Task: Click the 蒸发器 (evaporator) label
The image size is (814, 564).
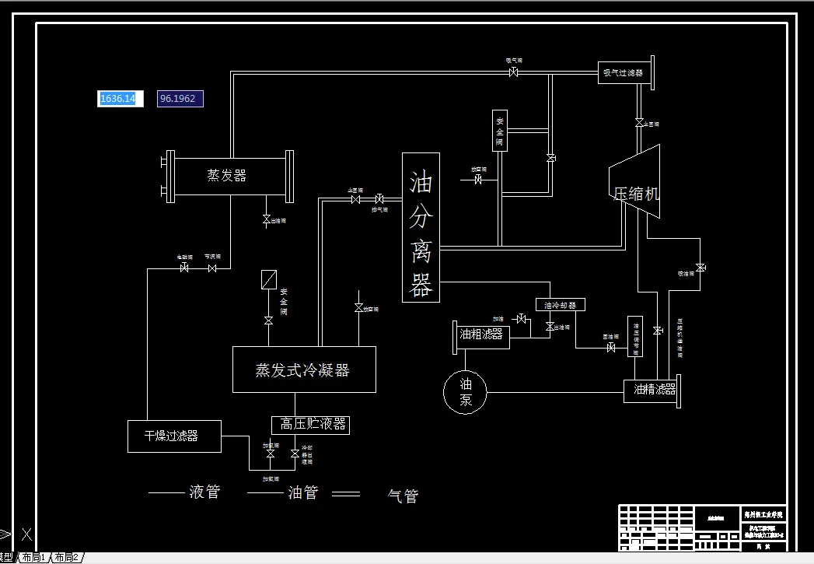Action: click(x=227, y=176)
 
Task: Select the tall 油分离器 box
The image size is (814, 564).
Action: click(x=421, y=227)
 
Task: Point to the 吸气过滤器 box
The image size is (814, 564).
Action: click(x=624, y=73)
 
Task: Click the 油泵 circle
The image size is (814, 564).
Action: click(x=465, y=391)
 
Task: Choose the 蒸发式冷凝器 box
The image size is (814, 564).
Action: click(x=304, y=370)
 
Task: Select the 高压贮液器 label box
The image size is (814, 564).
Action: click(x=310, y=425)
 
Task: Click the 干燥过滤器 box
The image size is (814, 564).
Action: click(x=174, y=436)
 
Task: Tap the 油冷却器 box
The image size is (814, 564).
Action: click(x=560, y=305)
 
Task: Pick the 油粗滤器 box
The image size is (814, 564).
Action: click(x=482, y=335)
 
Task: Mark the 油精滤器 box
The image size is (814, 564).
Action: click(x=652, y=390)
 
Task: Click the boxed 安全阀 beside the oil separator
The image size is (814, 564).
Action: click(x=500, y=131)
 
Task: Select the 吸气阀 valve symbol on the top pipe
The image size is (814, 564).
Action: click(x=514, y=72)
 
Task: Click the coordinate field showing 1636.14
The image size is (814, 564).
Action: click(x=120, y=99)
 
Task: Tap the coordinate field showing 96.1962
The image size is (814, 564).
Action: click(x=180, y=99)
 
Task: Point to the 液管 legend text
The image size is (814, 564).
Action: click(x=204, y=492)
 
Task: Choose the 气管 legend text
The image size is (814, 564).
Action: click(x=403, y=496)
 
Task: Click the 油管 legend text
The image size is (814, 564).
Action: click(x=302, y=492)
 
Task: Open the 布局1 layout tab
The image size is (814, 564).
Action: click(x=33, y=557)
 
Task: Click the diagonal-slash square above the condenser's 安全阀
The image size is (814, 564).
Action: click(x=269, y=279)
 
